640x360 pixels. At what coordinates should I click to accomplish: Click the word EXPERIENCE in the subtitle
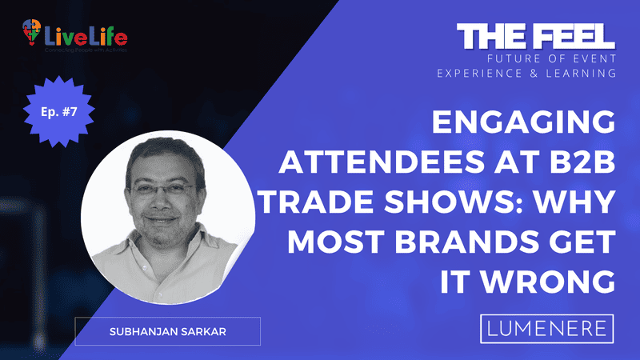pos(480,73)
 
